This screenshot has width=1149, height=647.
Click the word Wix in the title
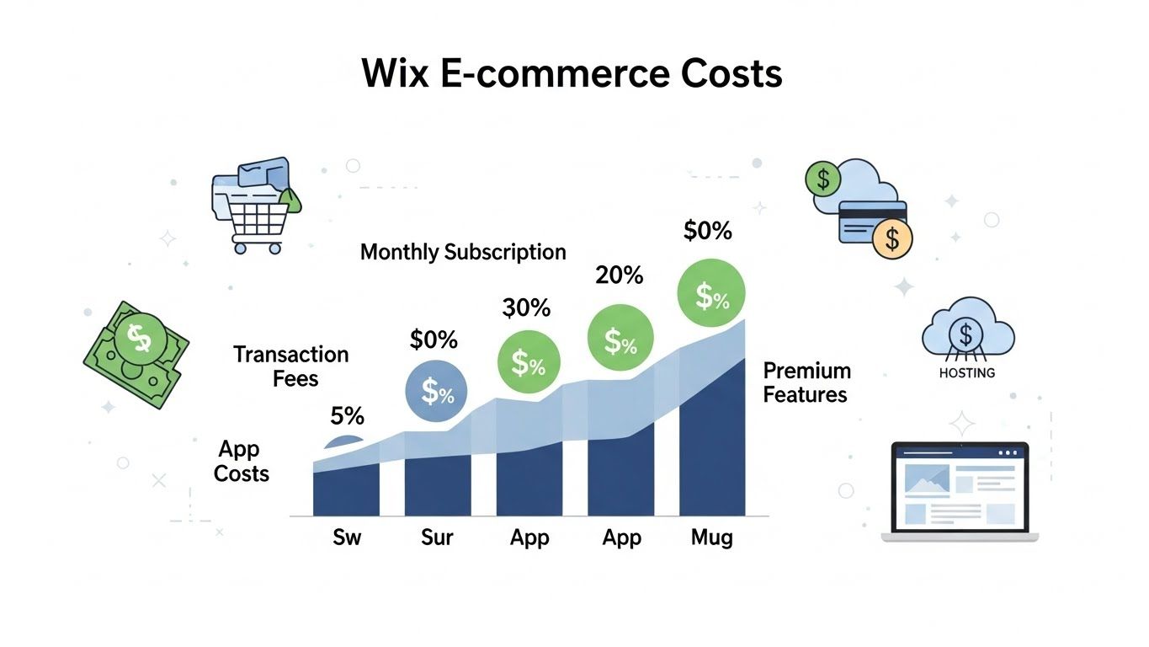[x=396, y=74]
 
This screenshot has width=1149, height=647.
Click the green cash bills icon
[x=136, y=353]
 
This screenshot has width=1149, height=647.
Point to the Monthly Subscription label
[x=463, y=252]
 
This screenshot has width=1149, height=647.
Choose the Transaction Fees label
[x=291, y=366]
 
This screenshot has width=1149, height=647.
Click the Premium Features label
[x=806, y=382]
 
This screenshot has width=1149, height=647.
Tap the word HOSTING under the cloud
[x=966, y=372]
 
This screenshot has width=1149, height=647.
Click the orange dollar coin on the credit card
[x=892, y=238]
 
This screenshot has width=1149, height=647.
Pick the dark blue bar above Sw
[x=346, y=492]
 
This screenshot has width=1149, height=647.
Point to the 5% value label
[x=347, y=415]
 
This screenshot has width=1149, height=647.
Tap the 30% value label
[x=526, y=308]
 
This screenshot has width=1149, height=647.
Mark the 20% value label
[x=619, y=275]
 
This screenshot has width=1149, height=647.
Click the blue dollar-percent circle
[x=437, y=391]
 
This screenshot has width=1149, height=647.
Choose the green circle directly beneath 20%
[x=620, y=338]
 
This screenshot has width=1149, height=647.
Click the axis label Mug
[x=711, y=537]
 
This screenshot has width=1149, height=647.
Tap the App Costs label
[x=241, y=461]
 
